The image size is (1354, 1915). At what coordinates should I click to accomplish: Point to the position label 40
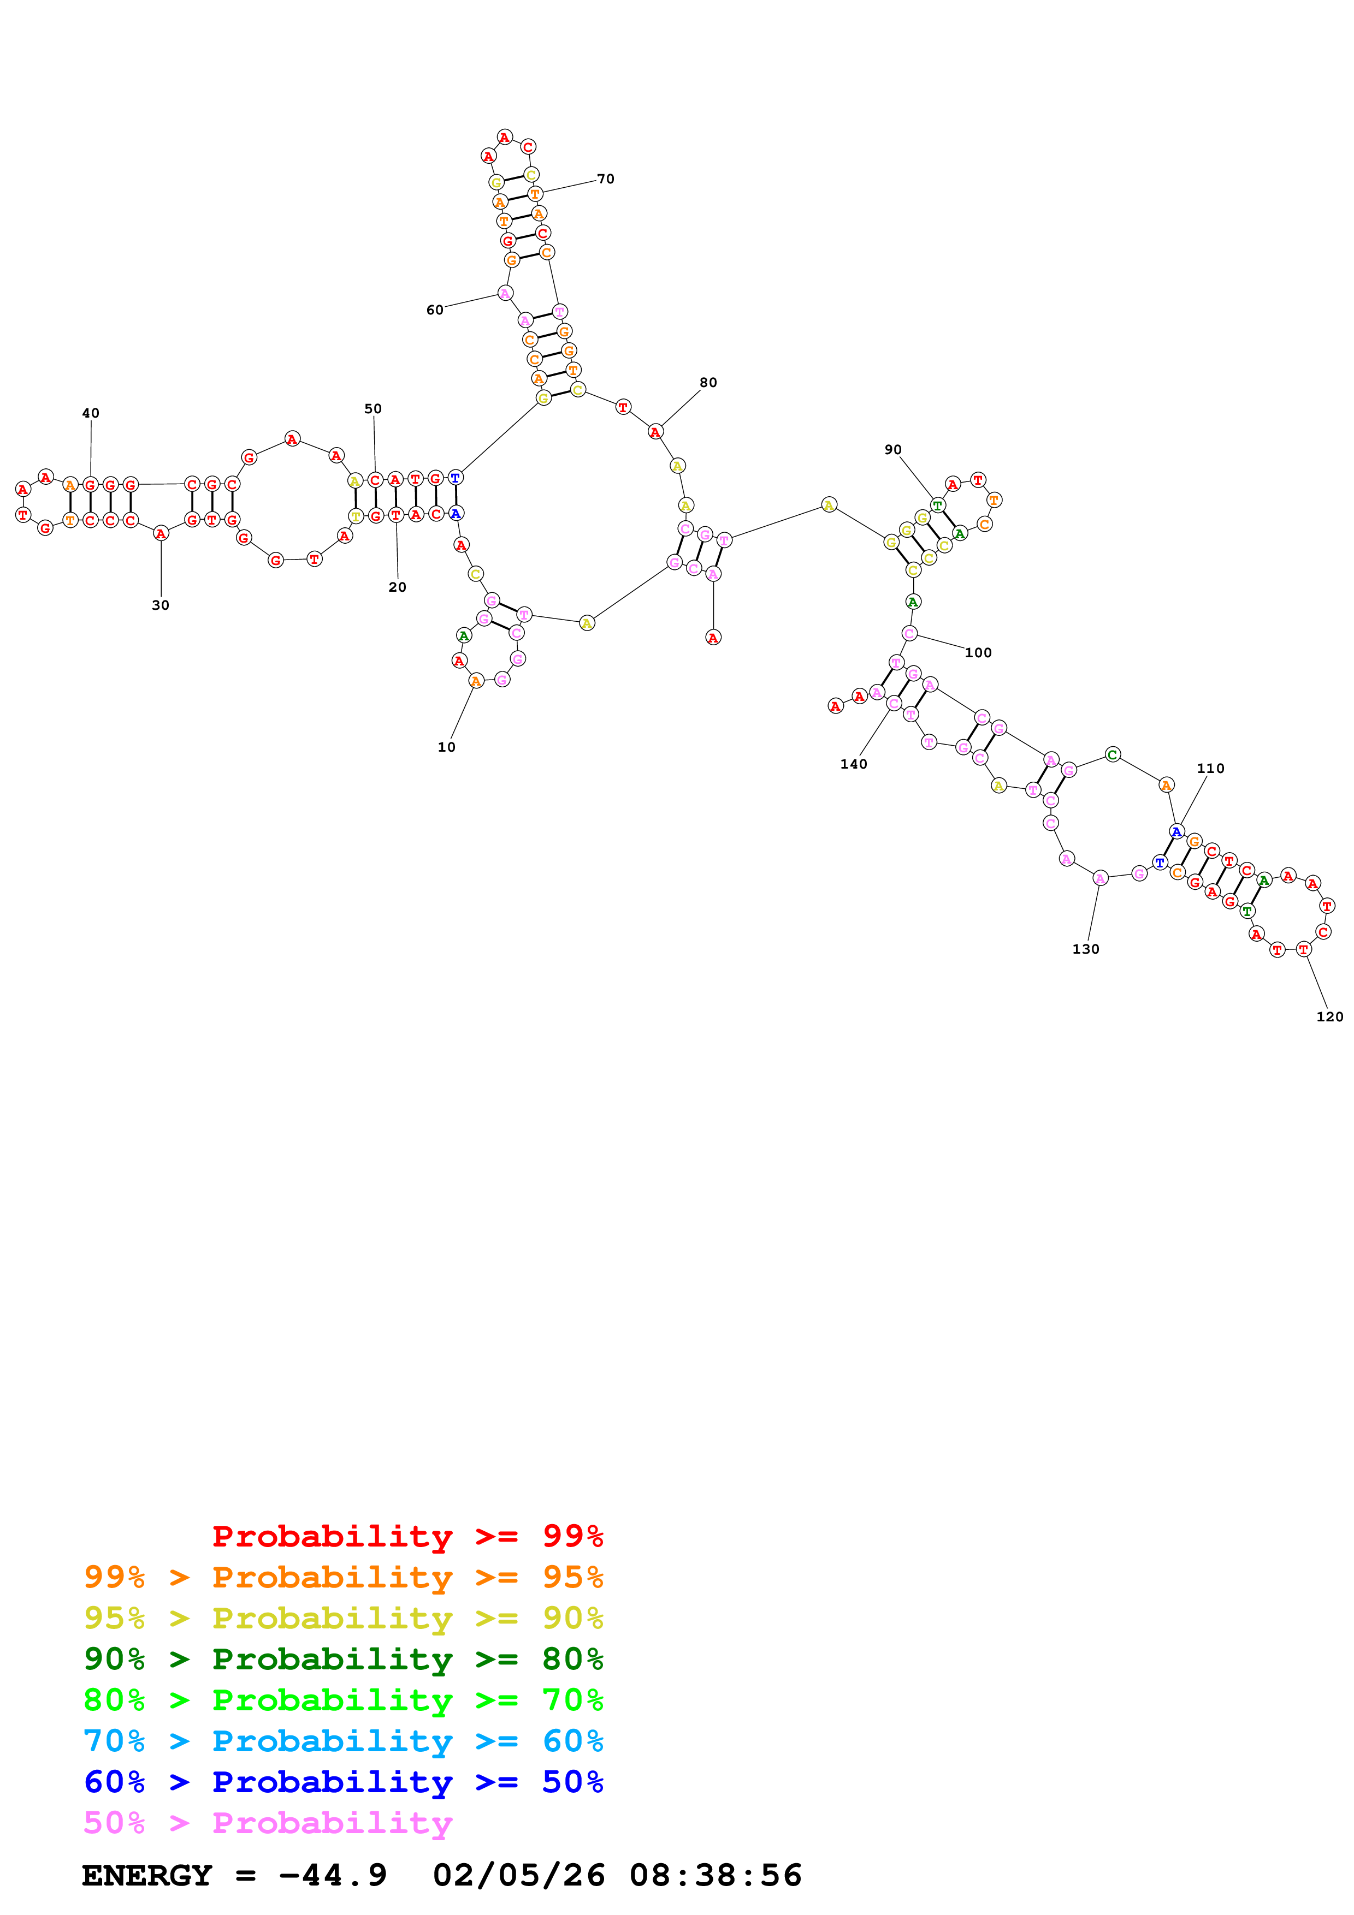[90, 413]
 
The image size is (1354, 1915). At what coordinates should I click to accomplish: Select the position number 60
[435, 310]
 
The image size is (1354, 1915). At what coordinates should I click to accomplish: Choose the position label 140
[854, 764]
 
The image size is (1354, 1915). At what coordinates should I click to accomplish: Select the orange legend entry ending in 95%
[343, 1577]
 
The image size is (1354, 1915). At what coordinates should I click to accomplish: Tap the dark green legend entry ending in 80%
[343, 1659]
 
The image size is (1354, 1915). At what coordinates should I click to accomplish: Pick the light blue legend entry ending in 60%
[343, 1741]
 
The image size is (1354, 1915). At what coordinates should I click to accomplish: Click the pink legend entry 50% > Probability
[268, 1822]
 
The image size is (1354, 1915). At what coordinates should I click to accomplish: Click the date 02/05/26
[518, 1875]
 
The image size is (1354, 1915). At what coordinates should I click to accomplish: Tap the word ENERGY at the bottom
[147, 1875]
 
